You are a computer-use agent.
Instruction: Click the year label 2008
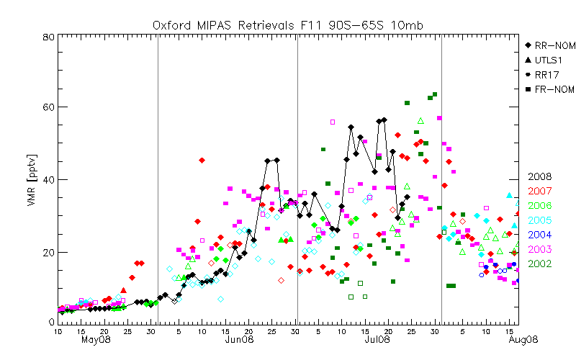[540, 176]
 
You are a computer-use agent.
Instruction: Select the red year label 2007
[540, 191]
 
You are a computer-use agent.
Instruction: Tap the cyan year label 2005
[540, 220]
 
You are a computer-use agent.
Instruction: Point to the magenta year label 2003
[540, 249]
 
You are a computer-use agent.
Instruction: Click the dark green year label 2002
[540, 264]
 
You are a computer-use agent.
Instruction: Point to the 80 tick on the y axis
[48, 37]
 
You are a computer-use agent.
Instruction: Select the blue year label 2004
[540, 235]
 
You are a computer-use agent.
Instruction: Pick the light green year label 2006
[540, 206]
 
